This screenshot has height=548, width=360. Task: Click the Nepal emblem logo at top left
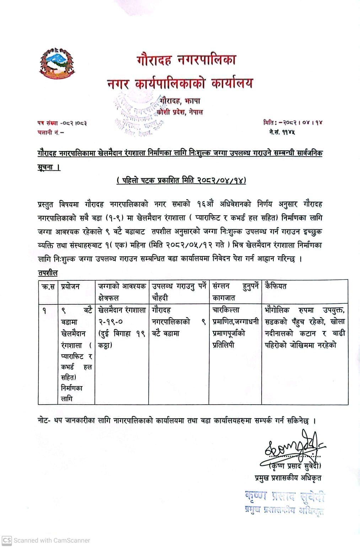(57, 63)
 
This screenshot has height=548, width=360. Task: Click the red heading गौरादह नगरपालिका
(186, 59)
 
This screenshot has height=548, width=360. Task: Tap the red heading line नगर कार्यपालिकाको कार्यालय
(180, 84)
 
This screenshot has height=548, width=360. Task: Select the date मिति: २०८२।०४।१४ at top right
(292, 123)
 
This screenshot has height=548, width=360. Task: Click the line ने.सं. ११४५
(282, 132)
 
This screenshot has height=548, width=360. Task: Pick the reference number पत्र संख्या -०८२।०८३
(62, 123)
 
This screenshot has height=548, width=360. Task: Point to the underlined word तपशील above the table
(48, 273)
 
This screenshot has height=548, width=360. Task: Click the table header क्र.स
(48, 286)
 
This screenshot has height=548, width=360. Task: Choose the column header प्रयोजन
(70, 286)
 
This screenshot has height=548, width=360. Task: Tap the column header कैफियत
(276, 286)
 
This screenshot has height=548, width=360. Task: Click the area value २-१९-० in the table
(111, 322)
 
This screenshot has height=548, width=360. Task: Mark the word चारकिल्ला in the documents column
(226, 310)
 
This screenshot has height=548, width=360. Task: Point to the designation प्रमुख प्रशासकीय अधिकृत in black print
(288, 478)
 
